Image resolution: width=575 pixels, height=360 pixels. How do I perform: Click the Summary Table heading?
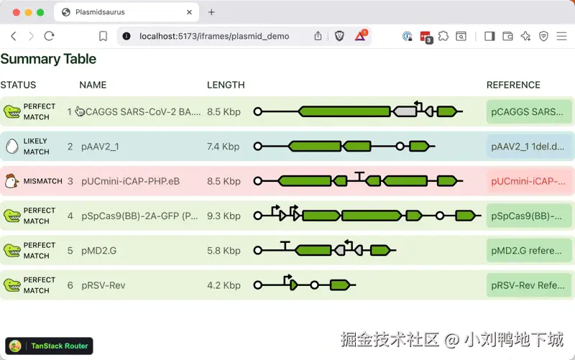point(48,59)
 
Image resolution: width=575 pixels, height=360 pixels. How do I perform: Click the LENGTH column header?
point(226,85)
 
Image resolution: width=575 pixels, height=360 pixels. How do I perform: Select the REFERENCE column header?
point(513,85)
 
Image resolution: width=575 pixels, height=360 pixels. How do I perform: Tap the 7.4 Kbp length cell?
point(223,147)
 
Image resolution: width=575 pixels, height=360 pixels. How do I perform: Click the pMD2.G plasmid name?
point(98,251)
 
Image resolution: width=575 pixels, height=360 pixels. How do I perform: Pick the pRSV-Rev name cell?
point(103,285)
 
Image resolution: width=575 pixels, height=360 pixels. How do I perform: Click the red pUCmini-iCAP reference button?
point(528,181)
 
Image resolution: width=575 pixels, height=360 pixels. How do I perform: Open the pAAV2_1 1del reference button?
point(528,147)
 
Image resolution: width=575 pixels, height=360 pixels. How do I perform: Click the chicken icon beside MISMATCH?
point(11,181)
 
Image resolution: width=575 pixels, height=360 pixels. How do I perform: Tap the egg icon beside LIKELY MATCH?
point(12,147)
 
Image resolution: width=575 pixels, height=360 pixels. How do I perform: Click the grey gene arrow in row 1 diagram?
point(405,111)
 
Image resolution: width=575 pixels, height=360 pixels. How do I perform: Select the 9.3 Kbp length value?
point(224,216)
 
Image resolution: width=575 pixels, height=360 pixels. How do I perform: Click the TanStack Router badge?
point(49,346)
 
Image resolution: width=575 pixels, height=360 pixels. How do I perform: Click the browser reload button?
point(49,36)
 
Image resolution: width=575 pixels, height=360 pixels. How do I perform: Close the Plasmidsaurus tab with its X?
point(189,12)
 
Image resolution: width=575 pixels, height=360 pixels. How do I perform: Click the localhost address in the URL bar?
point(214,37)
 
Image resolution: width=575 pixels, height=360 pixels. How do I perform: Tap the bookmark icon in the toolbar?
point(103,36)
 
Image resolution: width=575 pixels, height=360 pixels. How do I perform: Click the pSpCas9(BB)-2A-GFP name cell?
point(139,216)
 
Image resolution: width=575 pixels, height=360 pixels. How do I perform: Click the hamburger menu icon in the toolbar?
point(561,36)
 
